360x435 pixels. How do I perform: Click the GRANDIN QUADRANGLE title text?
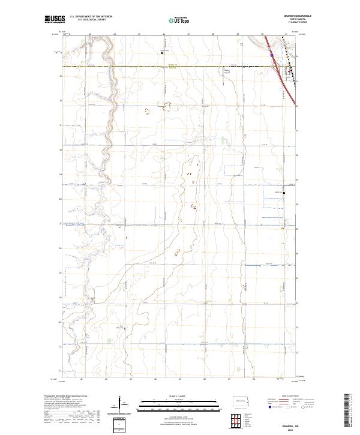(x=286, y=16)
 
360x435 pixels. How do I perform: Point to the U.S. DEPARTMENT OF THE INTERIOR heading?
(x=91, y=16)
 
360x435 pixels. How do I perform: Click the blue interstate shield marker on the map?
(x=272, y=55)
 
